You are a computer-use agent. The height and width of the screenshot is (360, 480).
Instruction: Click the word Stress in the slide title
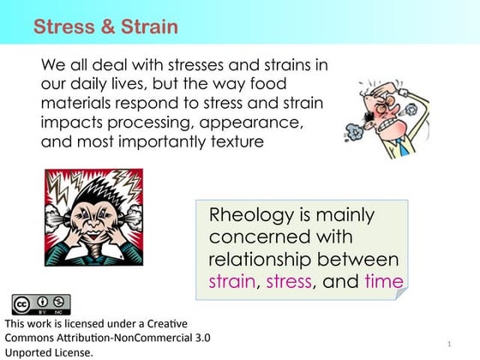pos(63,27)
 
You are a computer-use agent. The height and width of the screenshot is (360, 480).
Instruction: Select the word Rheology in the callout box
pos(248,214)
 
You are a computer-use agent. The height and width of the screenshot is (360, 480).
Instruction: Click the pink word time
pos(382,281)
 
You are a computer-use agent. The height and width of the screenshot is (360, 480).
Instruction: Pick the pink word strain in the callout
pos(231,281)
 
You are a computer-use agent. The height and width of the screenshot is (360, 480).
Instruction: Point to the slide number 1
pos(449,345)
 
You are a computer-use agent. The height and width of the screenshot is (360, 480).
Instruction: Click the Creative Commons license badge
pos(40,304)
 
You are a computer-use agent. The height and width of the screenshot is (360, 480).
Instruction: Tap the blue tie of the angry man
pos(403,147)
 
